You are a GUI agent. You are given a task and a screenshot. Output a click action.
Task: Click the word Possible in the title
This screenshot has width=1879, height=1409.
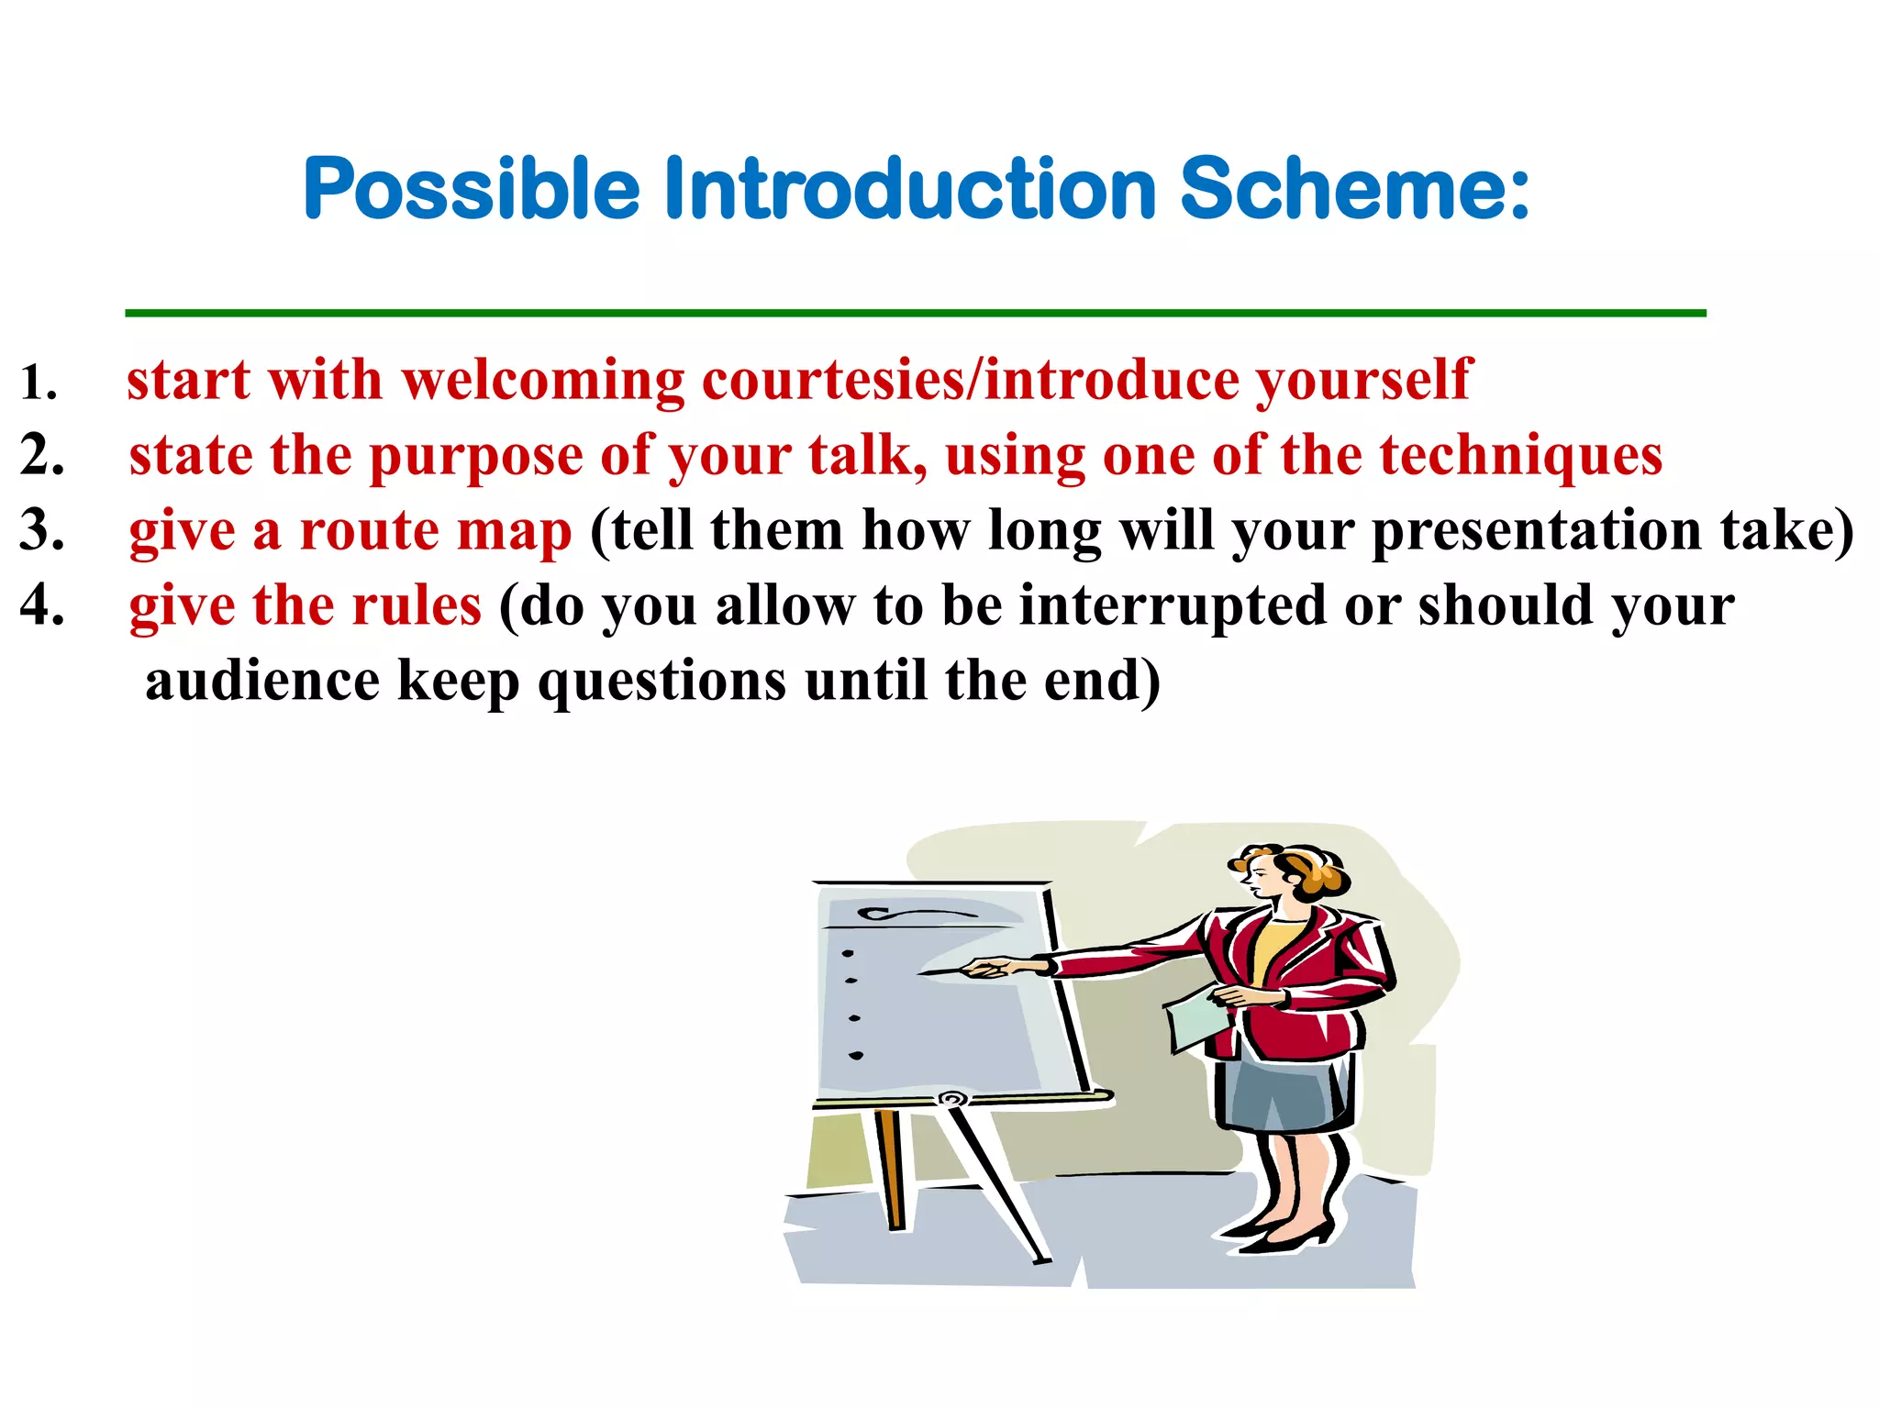(471, 189)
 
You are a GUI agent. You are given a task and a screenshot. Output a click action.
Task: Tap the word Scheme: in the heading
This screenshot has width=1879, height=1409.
(1354, 189)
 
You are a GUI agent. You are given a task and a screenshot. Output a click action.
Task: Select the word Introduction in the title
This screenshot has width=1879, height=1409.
(908, 189)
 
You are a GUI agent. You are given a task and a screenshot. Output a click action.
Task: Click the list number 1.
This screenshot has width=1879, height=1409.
(39, 383)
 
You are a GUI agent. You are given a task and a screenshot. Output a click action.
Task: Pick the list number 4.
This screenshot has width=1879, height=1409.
(42, 605)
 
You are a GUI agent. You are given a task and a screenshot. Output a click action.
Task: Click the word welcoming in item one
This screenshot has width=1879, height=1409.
(542, 380)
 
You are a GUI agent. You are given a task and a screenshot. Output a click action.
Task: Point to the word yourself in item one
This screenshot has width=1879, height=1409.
(1363, 380)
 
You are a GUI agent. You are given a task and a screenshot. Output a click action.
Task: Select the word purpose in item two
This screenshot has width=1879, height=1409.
(475, 456)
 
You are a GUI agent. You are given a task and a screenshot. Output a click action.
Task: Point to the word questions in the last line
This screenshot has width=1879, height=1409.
(662, 682)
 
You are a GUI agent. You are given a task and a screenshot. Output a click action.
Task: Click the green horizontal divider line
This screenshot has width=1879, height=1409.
(915, 314)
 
